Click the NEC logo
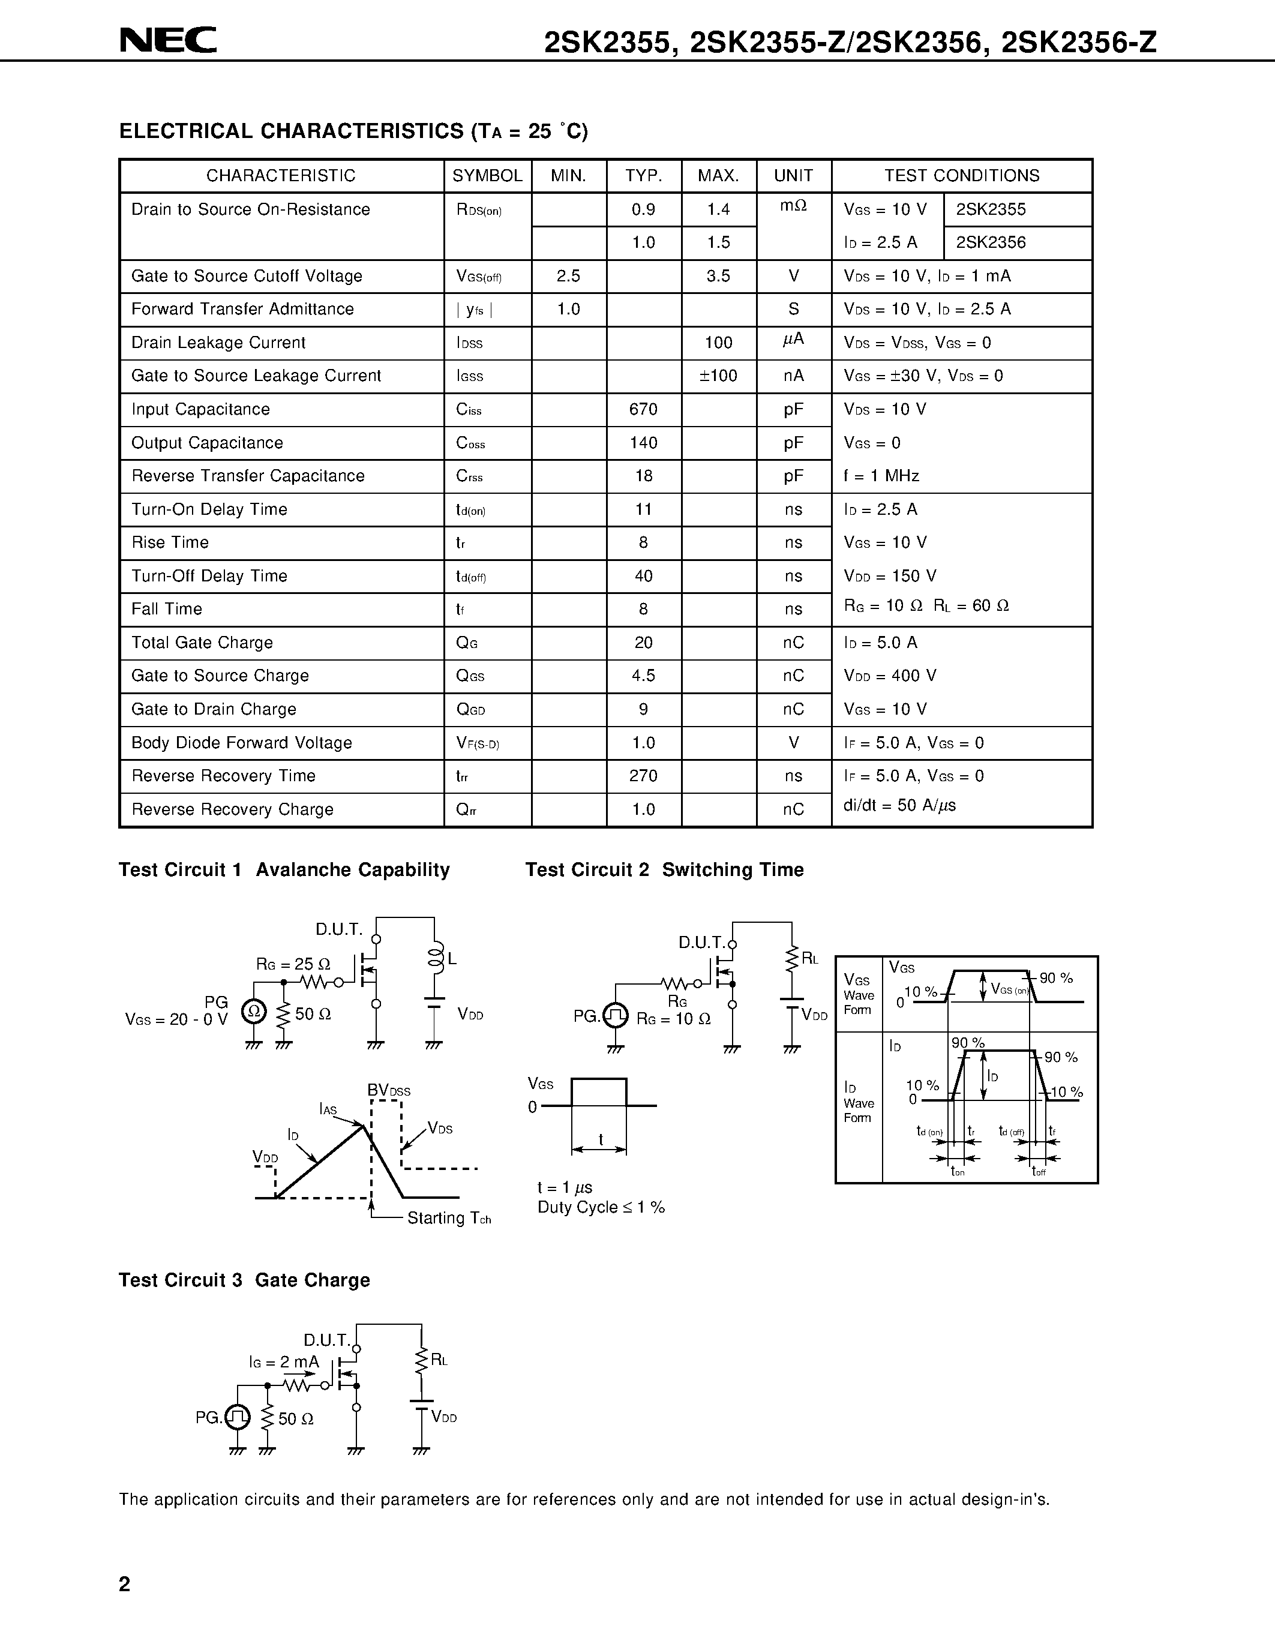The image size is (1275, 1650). (167, 40)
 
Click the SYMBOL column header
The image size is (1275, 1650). (487, 176)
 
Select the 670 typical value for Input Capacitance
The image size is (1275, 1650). (644, 409)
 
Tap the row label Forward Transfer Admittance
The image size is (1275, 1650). (242, 309)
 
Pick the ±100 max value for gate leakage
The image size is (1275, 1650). (718, 376)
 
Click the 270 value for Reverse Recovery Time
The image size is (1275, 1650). (644, 776)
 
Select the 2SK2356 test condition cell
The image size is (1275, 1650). (991, 242)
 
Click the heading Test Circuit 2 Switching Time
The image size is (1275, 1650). (664, 869)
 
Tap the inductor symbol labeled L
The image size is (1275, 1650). (435, 959)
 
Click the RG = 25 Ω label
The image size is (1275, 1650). (293, 964)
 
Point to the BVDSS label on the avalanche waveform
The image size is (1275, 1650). (389, 1090)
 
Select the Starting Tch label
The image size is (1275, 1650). (449, 1218)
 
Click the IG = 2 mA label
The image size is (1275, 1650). (284, 1361)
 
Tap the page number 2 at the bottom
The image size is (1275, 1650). (125, 1583)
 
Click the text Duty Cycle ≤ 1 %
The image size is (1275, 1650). (601, 1207)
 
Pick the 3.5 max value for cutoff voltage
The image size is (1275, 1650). (718, 276)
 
